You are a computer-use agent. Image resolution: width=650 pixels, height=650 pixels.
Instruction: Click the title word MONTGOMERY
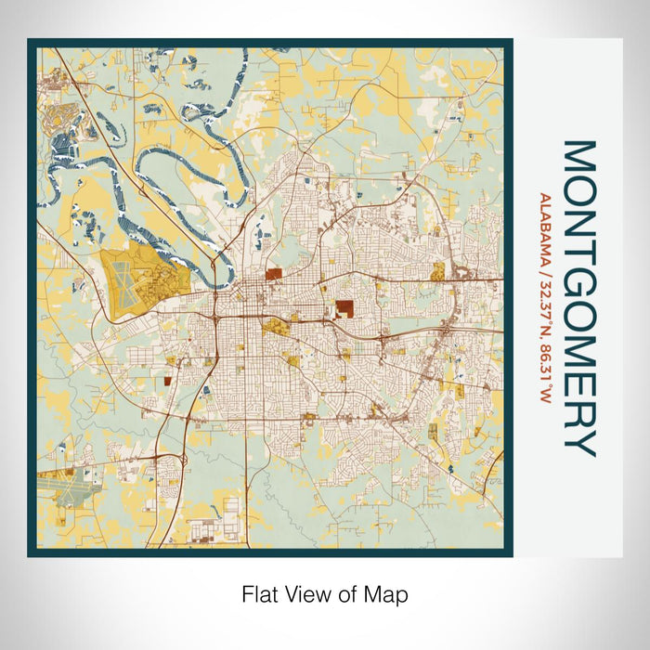pos(577,298)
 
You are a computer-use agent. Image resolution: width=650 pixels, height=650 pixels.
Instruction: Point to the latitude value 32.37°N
pos(544,313)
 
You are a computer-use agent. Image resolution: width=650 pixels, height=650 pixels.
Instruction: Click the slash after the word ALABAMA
pos(544,270)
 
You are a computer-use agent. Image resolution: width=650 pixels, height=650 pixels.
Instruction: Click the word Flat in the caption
pos(259,593)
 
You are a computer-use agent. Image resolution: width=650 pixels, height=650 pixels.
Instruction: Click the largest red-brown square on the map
pos(344,308)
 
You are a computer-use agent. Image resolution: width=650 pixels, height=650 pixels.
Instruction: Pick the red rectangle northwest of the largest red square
pos(273,273)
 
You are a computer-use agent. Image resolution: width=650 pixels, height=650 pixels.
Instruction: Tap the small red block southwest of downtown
pos(168,380)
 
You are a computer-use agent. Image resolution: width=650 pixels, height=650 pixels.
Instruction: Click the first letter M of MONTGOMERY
pos(577,157)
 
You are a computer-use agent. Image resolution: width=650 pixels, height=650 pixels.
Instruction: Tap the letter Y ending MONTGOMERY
pos(577,445)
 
